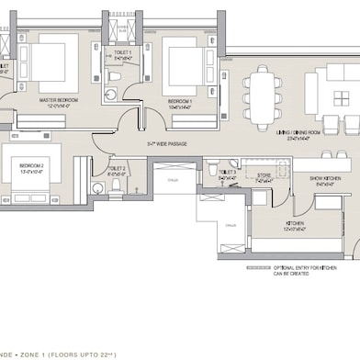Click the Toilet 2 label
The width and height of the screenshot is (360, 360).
point(117,169)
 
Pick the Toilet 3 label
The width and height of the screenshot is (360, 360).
point(228,174)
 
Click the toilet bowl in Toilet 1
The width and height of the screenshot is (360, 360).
point(112,93)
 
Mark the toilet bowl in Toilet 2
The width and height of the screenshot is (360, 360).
point(116,185)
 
